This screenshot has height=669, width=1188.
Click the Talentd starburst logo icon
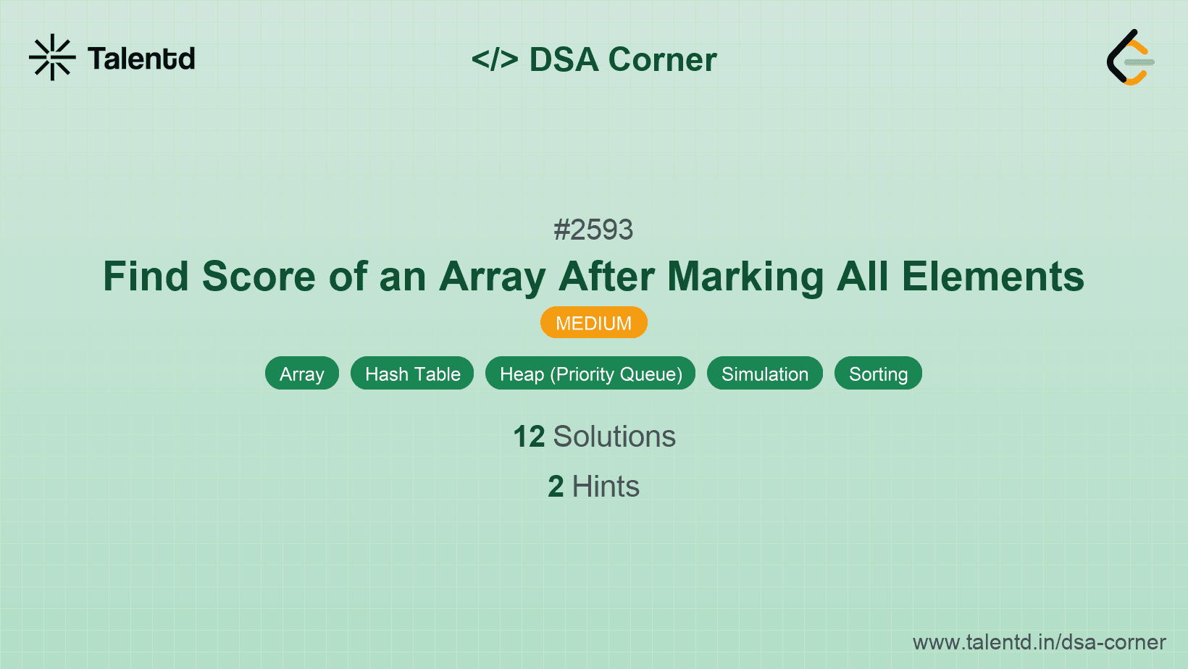pyautogui.click(x=52, y=58)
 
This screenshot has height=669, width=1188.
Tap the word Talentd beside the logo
pyautogui.click(x=141, y=59)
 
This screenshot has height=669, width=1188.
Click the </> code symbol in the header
pyautogui.click(x=495, y=59)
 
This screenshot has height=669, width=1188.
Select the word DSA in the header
pyautogui.click(x=564, y=59)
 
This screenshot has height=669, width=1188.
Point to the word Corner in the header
pyautogui.click(x=663, y=59)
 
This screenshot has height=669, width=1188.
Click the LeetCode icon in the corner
pyautogui.click(x=1130, y=58)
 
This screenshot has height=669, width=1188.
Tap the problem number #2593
pyautogui.click(x=593, y=230)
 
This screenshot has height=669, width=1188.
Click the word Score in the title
pyautogui.click(x=259, y=277)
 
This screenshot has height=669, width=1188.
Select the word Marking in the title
pyautogui.click(x=745, y=277)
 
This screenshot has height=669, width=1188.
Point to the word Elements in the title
pyautogui.click(x=992, y=277)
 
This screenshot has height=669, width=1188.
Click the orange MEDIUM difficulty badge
pyautogui.click(x=593, y=323)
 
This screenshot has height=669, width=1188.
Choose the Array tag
pyautogui.click(x=301, y=374)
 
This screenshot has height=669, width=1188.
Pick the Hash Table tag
pyautogui.click(x=412, y=374)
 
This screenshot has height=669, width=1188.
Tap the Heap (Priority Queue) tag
pyautogui.click(x=590, y=374)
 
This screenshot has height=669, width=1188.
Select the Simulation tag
pyautogui.click(x=764, y=374)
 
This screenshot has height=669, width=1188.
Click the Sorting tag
pyautogui.click(x=878, y=374)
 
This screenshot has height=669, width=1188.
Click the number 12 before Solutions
pyautogui.click(x=529, y=437)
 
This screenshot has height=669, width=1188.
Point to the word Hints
pyautogui.click(x=606, y=487)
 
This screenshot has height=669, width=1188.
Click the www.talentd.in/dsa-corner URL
pyautogui.click(x=1039, y=642)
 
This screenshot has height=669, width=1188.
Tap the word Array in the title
pyautogui.click(x=492, y=277)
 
